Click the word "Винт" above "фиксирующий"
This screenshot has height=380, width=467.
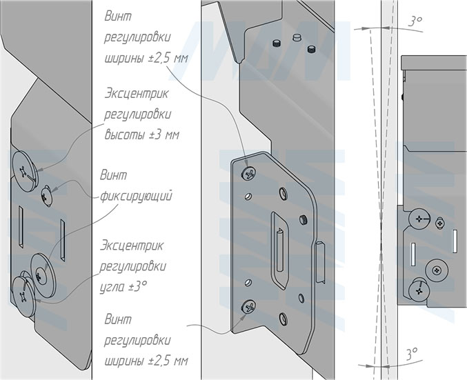114,175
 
